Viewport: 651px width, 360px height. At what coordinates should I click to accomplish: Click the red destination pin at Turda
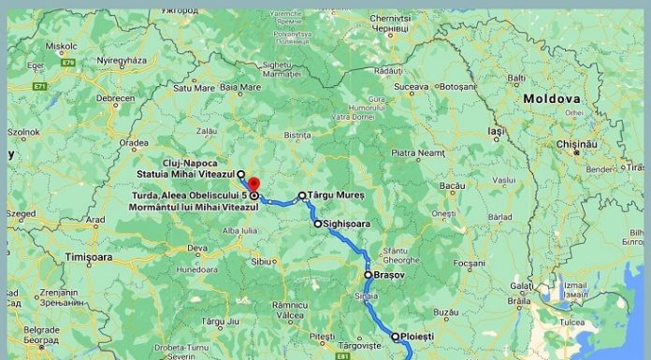(253, 182)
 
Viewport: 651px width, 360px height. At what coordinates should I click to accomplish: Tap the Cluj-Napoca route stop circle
(240, 174)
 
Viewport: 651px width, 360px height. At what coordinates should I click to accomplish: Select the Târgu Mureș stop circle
(302, 196)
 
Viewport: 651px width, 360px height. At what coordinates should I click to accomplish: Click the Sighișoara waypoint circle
(317, 223)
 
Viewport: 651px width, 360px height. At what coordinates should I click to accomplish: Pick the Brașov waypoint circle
(368, 275)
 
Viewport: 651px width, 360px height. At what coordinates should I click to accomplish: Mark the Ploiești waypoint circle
(395, 336)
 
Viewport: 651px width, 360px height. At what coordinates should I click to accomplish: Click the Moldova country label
(551, 98)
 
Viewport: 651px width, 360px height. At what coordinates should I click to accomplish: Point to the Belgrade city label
(40, 329)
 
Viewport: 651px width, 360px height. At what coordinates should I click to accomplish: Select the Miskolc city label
(61, 44)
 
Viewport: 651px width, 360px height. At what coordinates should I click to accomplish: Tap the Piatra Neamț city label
(416, 151)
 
